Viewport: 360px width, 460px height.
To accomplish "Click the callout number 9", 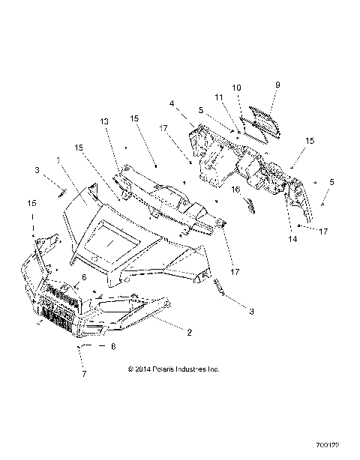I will tap(277, 85).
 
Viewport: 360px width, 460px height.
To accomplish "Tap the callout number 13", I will tap(103, 121).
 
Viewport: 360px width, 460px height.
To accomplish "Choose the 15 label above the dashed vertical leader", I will tap(31, 203).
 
